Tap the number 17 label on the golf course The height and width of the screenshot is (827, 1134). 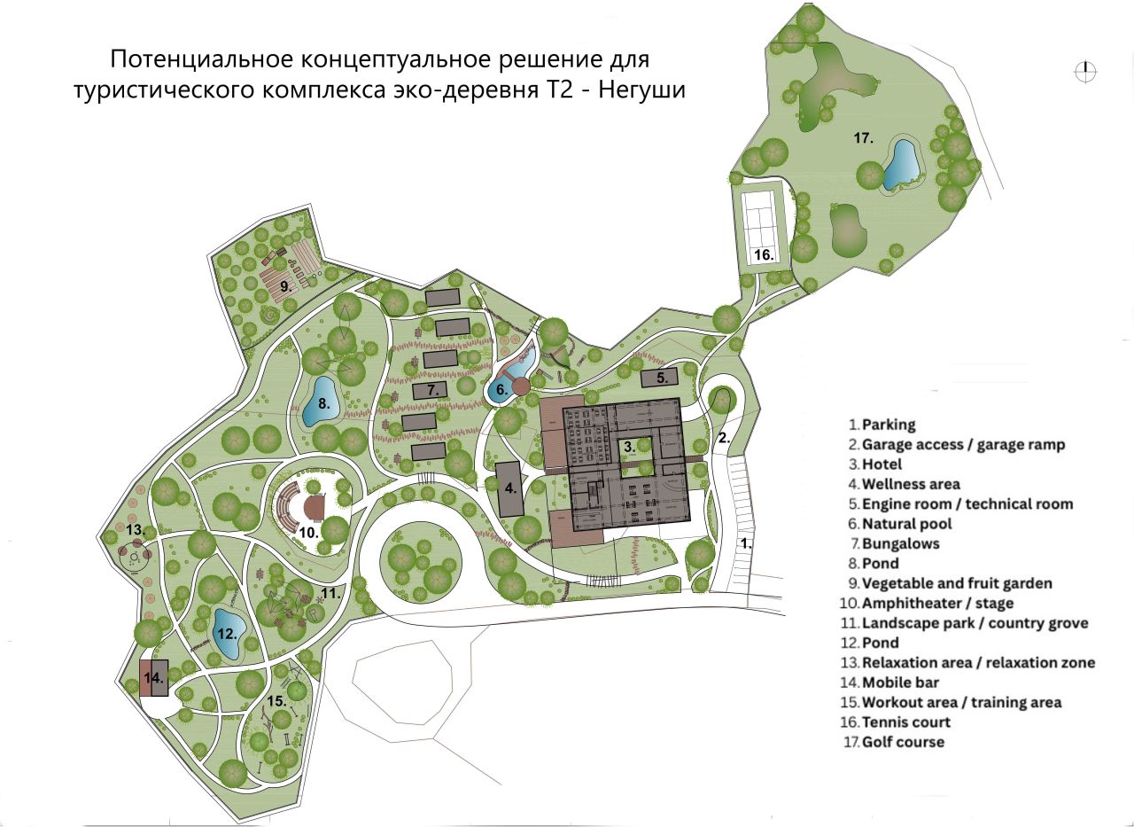point(864,137)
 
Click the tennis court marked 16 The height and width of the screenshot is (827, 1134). point(762,222)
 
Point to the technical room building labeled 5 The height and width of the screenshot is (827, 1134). point(661,378)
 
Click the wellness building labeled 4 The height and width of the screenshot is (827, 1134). point(509,488)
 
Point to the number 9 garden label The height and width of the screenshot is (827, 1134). point(285,286)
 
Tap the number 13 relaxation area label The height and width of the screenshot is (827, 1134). point(135,529)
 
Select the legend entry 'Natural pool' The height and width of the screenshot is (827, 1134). point(900,524)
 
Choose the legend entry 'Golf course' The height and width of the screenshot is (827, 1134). point(902,742)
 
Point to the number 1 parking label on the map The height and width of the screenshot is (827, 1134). point(746,544)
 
